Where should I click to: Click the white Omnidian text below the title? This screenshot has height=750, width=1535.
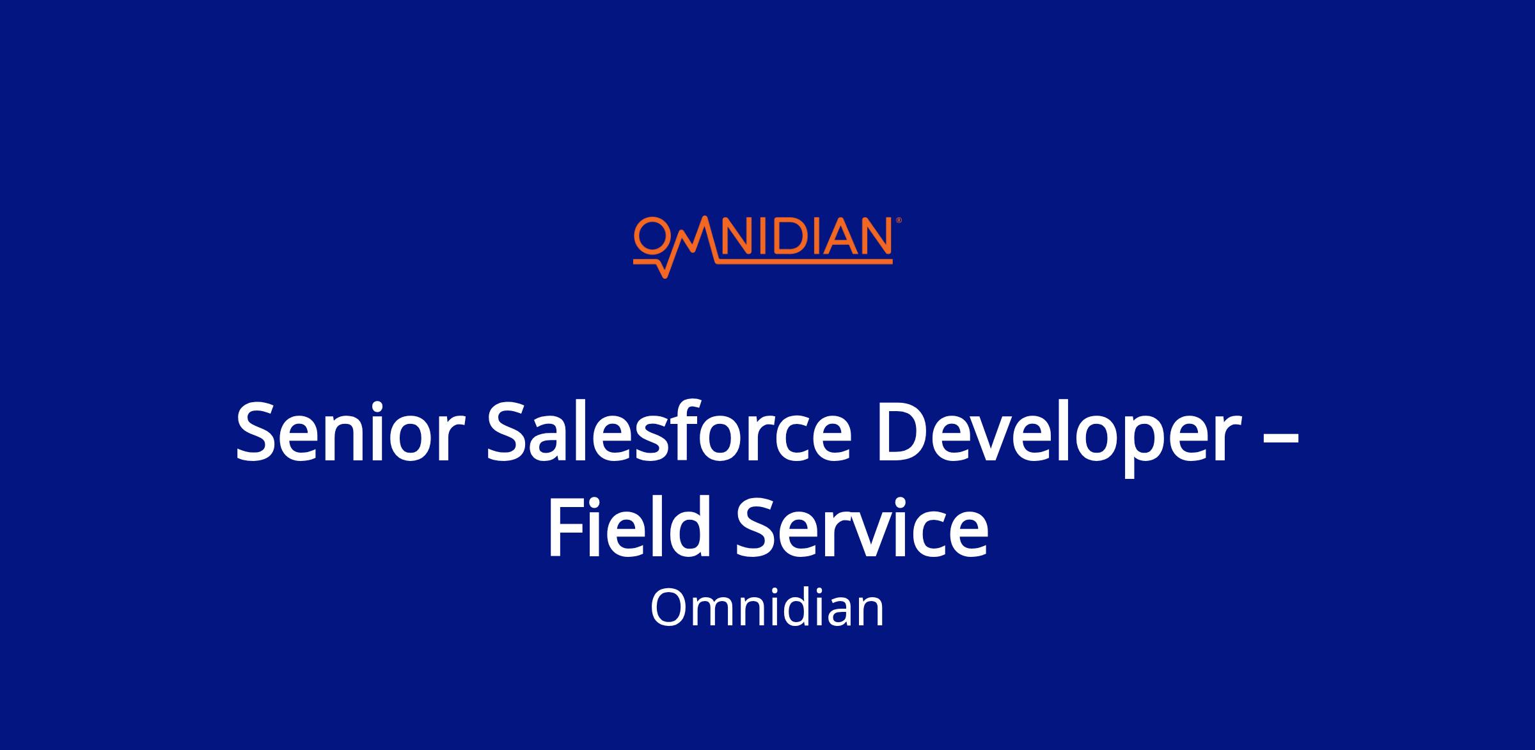point(767,608)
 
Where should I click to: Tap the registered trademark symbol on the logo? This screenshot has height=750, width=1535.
point(899,220)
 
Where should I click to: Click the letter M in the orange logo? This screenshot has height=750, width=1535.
point(691,238)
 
